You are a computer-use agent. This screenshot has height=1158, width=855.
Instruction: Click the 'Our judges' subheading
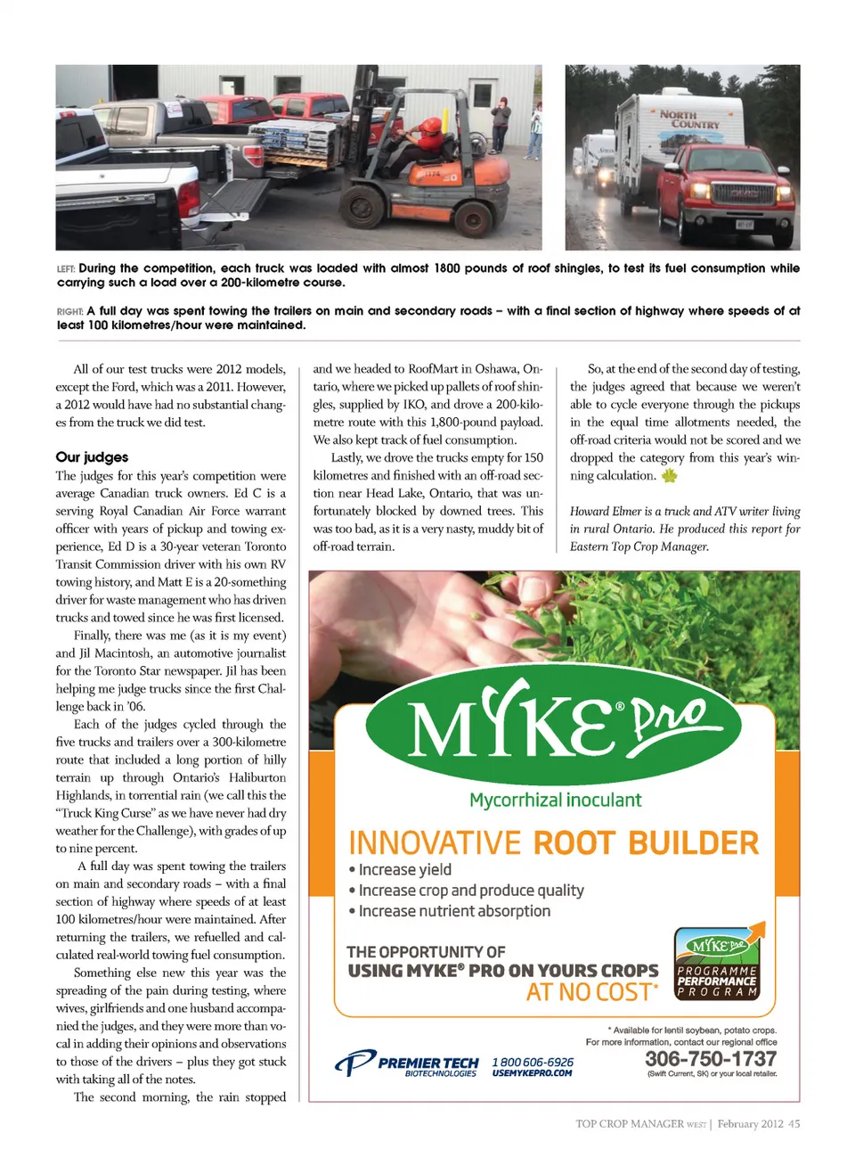[92, 457]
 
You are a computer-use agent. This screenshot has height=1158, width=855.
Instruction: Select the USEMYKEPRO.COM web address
[532, 1073]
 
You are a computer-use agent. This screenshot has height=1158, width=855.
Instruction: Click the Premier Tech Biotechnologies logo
[407, 1063]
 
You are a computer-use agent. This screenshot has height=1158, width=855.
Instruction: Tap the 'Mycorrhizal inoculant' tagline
[555, 800]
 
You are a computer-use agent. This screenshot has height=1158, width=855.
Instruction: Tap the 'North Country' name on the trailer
[690, 119]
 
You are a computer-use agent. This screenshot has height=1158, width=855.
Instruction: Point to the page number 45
[794, 1124]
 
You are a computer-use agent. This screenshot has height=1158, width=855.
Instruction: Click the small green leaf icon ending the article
[669, 475]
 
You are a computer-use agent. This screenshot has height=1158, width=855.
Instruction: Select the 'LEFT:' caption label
[66, 268]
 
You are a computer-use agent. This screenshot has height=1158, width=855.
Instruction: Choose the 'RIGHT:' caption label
[69, 311]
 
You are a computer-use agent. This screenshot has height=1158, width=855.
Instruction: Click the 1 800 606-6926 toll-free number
[533, 1062]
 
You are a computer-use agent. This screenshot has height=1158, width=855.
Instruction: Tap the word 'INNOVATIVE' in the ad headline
[435, 842]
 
